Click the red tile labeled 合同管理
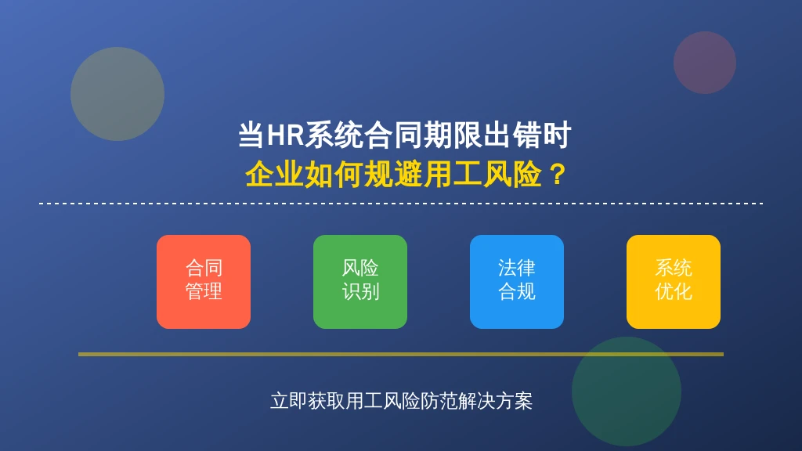[204, 282]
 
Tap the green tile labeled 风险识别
[360, 282]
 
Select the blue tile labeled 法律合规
[517, 282]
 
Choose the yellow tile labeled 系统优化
[673, 282]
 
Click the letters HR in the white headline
[285, 135]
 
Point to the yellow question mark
[557, 175]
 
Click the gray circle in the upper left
[117, 94]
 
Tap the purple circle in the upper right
[705, 63]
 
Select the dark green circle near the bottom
[627, 391]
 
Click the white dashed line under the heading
[401, 204]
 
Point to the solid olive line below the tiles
[401, 354]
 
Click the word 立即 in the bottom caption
[289, 401]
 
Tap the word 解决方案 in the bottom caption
[495, 401]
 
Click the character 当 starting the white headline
[251, 135]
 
